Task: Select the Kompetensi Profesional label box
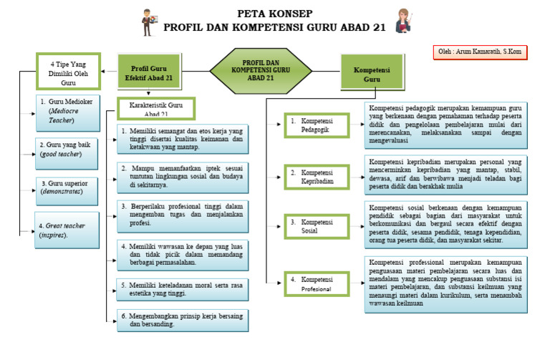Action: pos(316,281)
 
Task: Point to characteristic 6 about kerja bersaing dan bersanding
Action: pos(180,320)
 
